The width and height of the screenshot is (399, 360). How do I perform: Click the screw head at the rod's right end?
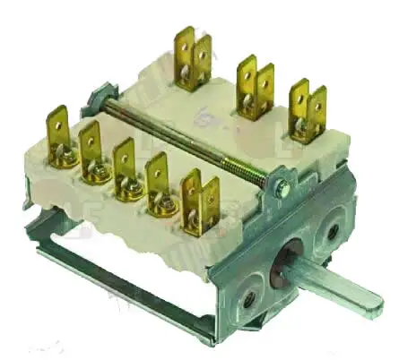[x=282, y=189]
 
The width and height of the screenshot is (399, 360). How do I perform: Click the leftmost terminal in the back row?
[x=194, y=56]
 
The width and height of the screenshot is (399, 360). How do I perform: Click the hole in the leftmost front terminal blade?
[x=57, y=116]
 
